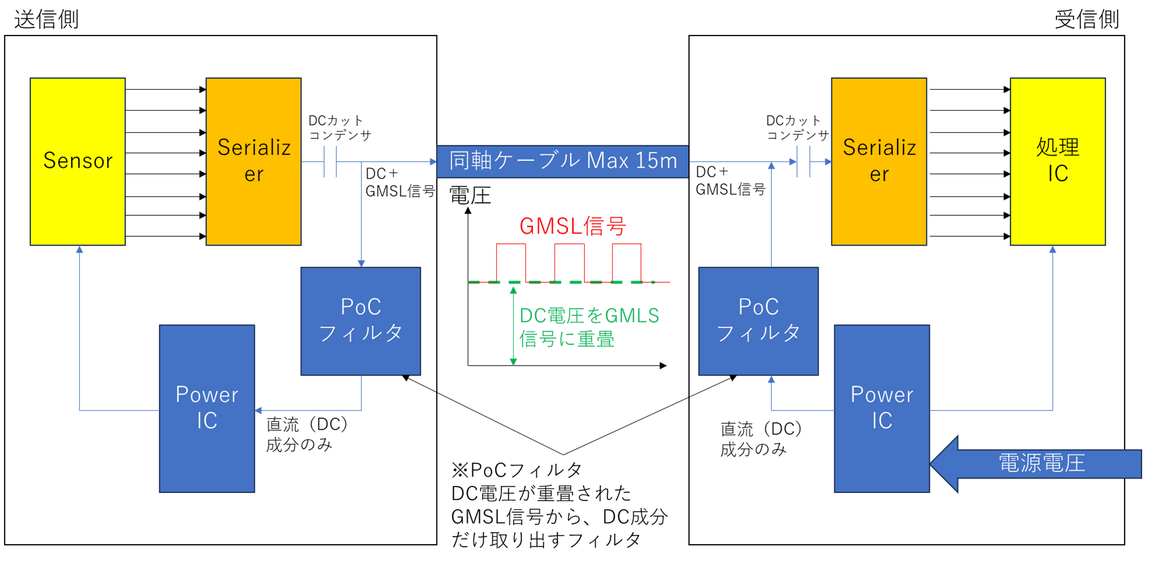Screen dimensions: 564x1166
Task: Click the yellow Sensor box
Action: click(x=78, y=161)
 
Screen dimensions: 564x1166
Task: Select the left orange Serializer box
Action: click(x=254, y=161)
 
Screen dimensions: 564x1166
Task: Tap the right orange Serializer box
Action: click(x=879, y=161)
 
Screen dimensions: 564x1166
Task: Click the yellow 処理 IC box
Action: click(x=1058, y=161)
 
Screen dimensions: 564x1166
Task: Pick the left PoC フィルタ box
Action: click(x=360, y=321)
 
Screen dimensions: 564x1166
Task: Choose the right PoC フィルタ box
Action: click(x=758, y=321)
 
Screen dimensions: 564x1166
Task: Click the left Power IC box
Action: click(x=207, y=408)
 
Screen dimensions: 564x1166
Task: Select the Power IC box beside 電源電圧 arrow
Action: click(x=881, y=408)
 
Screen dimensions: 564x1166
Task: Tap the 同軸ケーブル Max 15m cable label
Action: click(x=563, y=161)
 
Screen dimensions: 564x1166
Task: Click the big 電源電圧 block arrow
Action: click(x=1038, y=464)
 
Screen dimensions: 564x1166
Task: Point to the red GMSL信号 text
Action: click(x=573, y=226)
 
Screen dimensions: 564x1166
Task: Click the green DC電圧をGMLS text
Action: click(x=589, y=316)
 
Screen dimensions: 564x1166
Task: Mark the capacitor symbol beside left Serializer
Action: click(x=331, y=162)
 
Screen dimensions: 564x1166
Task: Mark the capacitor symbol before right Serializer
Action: click(x=803, y=162)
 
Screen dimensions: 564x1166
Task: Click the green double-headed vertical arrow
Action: click(x=514, y=325)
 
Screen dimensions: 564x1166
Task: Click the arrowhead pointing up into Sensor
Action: click(x=79, y=250)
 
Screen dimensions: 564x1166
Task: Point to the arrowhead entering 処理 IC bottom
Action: click(x=1053, y=250)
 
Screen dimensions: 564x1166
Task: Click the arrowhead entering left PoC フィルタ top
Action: click(x=361, y=263)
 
